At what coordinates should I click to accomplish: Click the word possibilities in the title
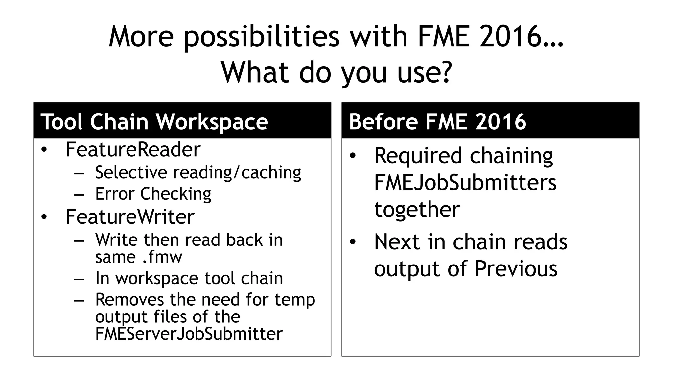pyautogui.click(x=261, y=37)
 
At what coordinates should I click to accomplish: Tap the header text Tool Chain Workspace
pyautogui.click(x=154, y=121)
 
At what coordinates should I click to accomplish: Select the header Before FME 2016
pyautogui.click(x=437, y=121)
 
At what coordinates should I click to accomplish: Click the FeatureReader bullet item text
pyautogui.click(x=133, y=149)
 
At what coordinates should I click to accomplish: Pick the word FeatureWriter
pyautogui.click(x=130, y=217)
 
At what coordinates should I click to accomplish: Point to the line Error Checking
pyautogui.click(x=153, y=193)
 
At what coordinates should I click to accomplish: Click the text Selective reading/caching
pyautogui.click(x=198, y=172)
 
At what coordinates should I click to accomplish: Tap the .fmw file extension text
pyautogui.click(x=162, y=257)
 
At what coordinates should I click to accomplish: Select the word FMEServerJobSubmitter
pyautogui.click(x=189, y=334)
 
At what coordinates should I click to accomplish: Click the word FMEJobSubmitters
pyautogui.click(x=465, y=182)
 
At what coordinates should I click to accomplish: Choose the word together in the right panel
pyautogui.click(x=417, y=209)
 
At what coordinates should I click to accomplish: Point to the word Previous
pyautogui.click(x=516, y=268)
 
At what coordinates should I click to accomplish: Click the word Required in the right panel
pyautogui.click(x=418, y=155)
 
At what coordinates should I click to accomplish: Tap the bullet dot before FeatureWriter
pyautogui.click(x=44, y=217)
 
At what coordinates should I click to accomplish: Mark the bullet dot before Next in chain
pyautogui.click(x=353, y=242)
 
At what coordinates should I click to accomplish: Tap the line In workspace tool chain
pyautogui.click(x=189, y=278)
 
